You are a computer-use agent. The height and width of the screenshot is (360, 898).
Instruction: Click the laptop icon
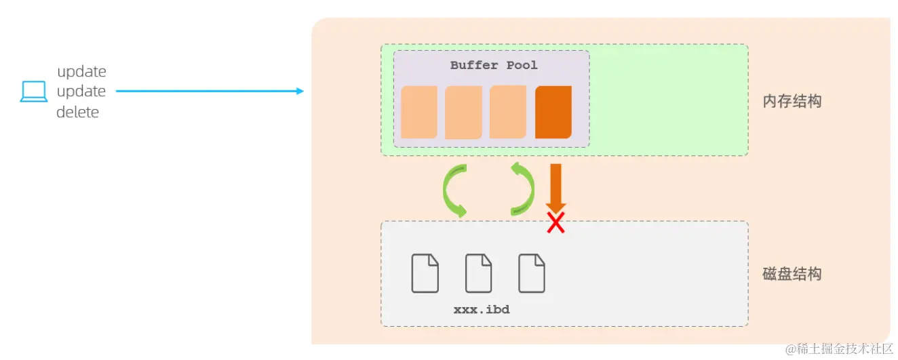tap(33, 92)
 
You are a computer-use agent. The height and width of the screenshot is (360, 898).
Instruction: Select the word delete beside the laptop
tap(77, 113)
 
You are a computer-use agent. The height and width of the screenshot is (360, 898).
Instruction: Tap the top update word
tap(81, 72)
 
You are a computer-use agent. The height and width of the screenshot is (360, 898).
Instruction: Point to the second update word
tap(81, 92)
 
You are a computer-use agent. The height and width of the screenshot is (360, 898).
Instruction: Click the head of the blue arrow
tap(300, 92)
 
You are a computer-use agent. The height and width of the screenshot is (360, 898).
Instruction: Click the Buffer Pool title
tap(494, 66)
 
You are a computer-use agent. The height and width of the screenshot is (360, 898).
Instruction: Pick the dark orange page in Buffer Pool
tap(553, 112)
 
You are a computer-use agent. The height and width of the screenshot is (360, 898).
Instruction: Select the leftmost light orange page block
tap(418, 112)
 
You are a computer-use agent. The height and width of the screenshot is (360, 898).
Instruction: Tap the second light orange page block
tap(463, 112)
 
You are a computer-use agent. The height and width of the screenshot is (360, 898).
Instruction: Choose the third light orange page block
tap(508, 112)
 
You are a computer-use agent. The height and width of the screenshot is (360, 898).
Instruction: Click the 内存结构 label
tap(792, 102)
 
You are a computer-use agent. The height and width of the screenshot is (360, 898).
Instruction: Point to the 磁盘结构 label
tap(792, 275)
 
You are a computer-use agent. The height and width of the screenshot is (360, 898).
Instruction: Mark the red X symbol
tap(556, 223)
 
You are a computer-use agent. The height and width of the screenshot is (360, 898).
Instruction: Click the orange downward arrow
tap(555, 186)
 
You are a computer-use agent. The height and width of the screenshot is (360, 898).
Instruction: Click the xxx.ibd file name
tap(482, 309)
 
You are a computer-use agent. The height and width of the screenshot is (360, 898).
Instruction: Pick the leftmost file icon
tap(425, 273)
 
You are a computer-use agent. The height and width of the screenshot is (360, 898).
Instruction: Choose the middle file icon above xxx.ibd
tap(479, 273)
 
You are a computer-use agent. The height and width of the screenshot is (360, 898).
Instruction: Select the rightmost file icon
tap(532, 273)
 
